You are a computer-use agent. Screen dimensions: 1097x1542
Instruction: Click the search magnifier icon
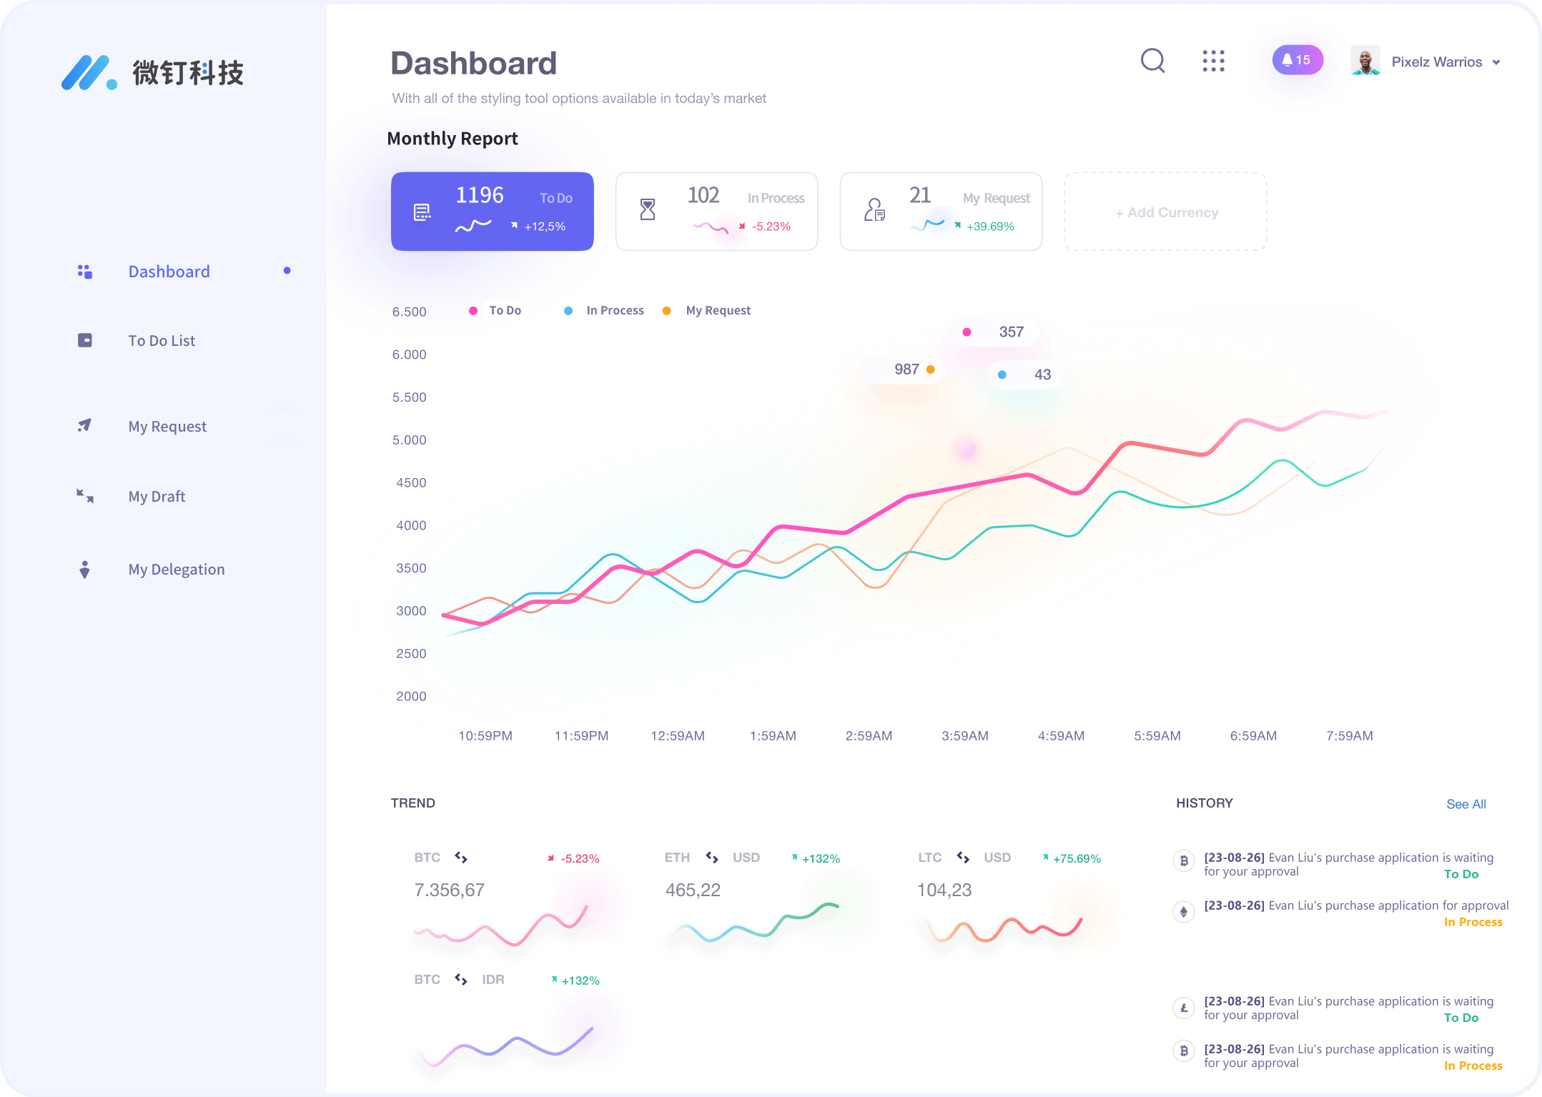tap(1152, 61)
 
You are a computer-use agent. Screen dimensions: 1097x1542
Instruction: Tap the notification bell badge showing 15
tap(1297, 60)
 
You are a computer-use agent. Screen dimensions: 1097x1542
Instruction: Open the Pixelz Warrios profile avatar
tap(1365, 61)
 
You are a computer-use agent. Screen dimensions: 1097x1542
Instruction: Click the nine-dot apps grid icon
tap(1213, 61)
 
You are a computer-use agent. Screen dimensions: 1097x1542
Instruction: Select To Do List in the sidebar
tap(162, 341)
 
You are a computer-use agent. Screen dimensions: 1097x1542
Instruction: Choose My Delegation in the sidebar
tap(176, 570)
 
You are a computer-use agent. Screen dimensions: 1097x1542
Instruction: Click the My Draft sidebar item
tap(157, 497)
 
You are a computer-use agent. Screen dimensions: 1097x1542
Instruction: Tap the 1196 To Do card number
tap(480, 195)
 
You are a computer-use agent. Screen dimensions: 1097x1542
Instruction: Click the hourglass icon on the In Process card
tap(648, 209)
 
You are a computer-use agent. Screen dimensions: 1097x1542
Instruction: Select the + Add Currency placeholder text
tap(1167, 212)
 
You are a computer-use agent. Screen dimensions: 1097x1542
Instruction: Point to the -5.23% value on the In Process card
tap(771, 227)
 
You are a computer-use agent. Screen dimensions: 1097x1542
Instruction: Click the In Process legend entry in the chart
tap(614, 311)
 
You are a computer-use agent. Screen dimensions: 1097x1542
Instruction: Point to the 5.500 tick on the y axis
tap(409, 397)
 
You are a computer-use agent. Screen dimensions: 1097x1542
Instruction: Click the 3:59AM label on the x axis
tap(964, 736)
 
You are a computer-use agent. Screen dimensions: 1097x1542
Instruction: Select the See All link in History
tap(1466, 805)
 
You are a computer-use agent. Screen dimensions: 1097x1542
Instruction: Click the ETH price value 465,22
tap(693, 890)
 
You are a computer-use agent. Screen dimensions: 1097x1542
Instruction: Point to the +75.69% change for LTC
tap(1077, 859)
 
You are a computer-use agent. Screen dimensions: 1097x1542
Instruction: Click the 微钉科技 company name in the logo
tap(188, 73)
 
